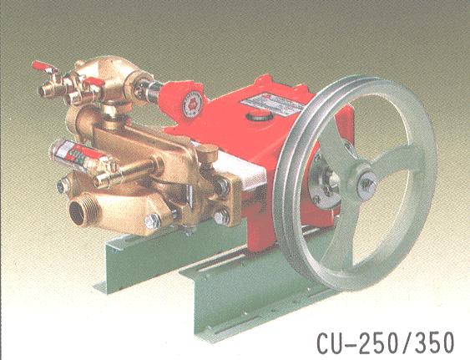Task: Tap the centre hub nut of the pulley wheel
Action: pos(367,185)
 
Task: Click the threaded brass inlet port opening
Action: pos(78,211)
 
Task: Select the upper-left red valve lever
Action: pos(43,67)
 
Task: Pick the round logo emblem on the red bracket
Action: pos(193,104)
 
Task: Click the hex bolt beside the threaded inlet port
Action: pos(153,221)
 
